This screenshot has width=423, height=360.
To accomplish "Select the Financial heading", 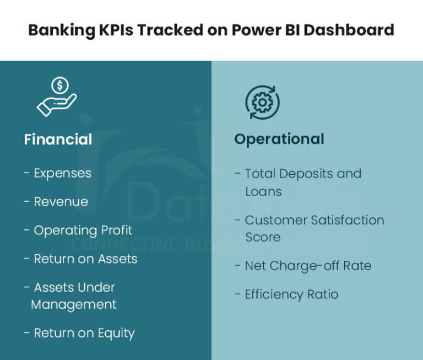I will [58, 139].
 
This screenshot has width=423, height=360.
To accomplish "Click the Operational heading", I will [279, 139].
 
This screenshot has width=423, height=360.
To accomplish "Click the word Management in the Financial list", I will [74, 304].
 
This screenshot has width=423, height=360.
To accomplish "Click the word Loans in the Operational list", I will [263, 192].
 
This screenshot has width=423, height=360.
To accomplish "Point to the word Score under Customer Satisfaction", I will [263, 238].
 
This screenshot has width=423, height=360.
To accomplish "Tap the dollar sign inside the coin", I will [60, 85].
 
